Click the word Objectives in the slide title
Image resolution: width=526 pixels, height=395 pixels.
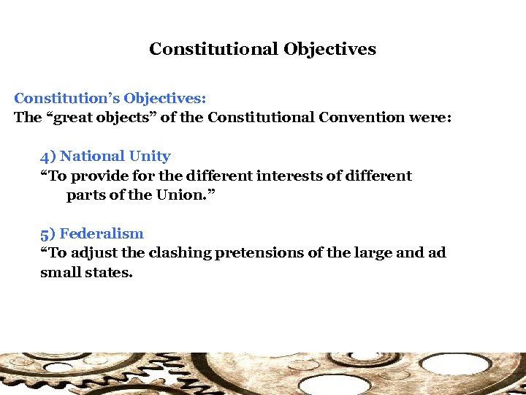330,50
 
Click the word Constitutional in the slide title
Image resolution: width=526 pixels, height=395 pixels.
213,50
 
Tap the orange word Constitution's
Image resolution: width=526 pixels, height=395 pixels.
66,98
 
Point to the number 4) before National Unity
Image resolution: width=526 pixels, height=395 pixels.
48,157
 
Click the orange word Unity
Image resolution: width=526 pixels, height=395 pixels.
150,157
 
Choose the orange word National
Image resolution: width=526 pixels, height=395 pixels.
92,157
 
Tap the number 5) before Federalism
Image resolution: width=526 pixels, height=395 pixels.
48,234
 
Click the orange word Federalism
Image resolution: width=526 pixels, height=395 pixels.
102,234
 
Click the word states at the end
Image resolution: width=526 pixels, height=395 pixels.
110,273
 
